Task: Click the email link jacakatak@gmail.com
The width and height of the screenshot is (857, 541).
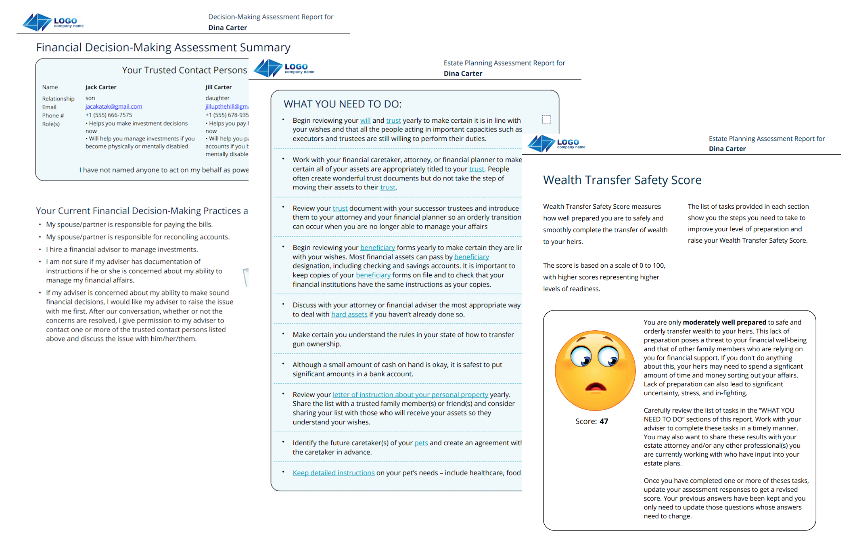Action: pyautogui.click(x=113, y=107)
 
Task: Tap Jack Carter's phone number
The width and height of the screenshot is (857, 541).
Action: pyautogui.click(x=109, y=115)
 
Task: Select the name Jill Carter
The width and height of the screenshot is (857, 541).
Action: pyautogui.click(x=218, y=87)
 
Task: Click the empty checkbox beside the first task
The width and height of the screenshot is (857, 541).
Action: pyautogui.click(x=546, y=120)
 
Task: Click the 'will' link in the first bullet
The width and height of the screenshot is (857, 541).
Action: pyautogui.click(x=365, y=120)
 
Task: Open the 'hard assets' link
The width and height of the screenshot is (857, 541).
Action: pyautogui.click(x=349, y=315)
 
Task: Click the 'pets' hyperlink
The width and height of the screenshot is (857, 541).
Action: pyautogui.click(x=421, y=443)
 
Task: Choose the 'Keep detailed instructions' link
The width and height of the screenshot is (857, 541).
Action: pyautogui.click(x=333, y=473)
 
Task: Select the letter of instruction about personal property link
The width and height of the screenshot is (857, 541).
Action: pyautogui.click(x=410, y=394)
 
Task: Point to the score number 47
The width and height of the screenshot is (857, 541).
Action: pyautogui.click(x=604, y=421)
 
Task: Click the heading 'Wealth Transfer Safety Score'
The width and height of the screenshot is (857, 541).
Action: pyautogui.click(x=622, y=180)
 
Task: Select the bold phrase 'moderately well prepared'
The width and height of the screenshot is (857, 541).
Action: pyautogui.click(x=724, y=322)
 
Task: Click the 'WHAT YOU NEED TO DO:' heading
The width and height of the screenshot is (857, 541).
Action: pyautogui.click(x=343, y=104)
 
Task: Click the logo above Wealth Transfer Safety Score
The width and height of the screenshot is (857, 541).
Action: pyautogui.click(x=556, y=143)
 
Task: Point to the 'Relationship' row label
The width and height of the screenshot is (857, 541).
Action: pyautogui.click(x=58, y=99)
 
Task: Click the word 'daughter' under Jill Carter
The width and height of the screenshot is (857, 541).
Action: pyautogui.click(x=217, y=98)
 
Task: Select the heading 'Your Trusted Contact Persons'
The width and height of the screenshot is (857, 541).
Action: pyautogui.click(x=184, y=70)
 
